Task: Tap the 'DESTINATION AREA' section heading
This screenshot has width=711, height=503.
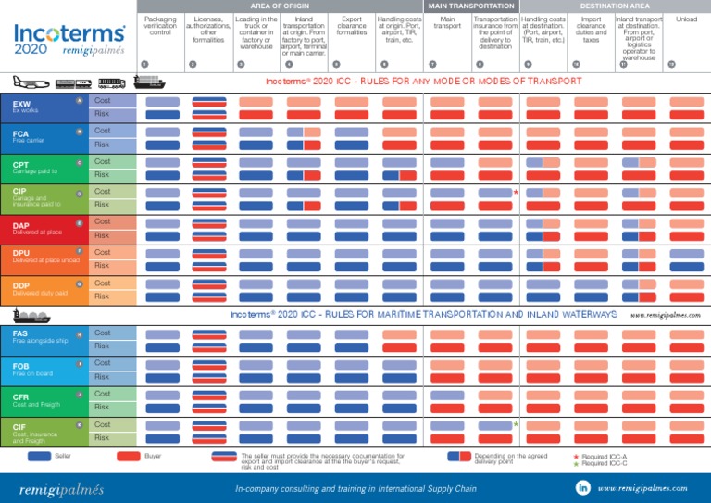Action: coord(616,5)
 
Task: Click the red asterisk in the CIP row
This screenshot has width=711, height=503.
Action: coord(515,193)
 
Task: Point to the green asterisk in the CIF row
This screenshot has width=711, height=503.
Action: coord(515,424)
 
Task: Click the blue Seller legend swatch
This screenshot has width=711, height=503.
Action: coord(40,456)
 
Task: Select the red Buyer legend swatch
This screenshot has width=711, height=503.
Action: coord(128,456)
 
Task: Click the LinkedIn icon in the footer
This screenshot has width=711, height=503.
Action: coord(583,487)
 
